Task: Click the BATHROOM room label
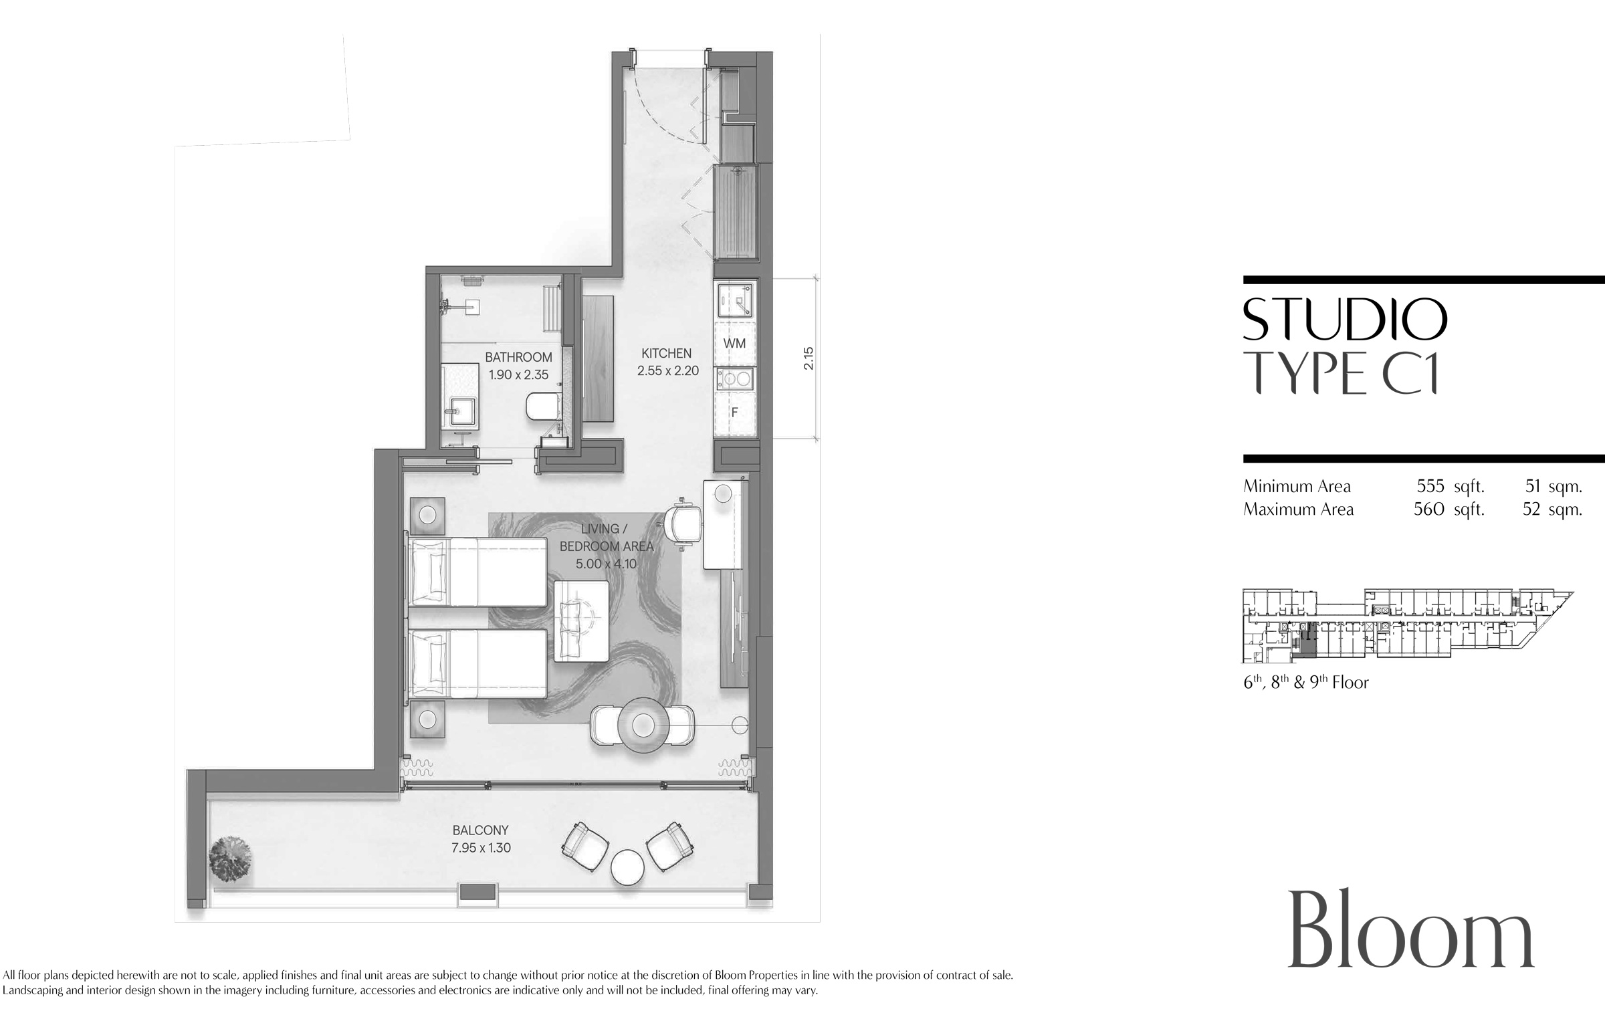[x=518, y=357]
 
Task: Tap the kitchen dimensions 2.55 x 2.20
[x=667, y=370]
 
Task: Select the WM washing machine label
[x=734, y=343]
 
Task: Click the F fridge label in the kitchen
[x=734, y=413]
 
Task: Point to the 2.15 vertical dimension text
[x=809, y=358]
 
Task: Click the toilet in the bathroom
[x=540, y=407]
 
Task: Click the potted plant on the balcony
[x=230, y=859]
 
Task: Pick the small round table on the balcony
[x=628, y=868]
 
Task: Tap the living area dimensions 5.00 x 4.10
[x=606, y=564]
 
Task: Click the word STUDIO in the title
[x=1345, y=320]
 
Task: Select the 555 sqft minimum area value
[x=1451, y=486]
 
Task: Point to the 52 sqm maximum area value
[x=1552, y=509]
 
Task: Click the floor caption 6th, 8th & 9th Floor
[x=1306, y=682]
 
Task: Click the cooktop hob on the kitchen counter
[x=735, y=379]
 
